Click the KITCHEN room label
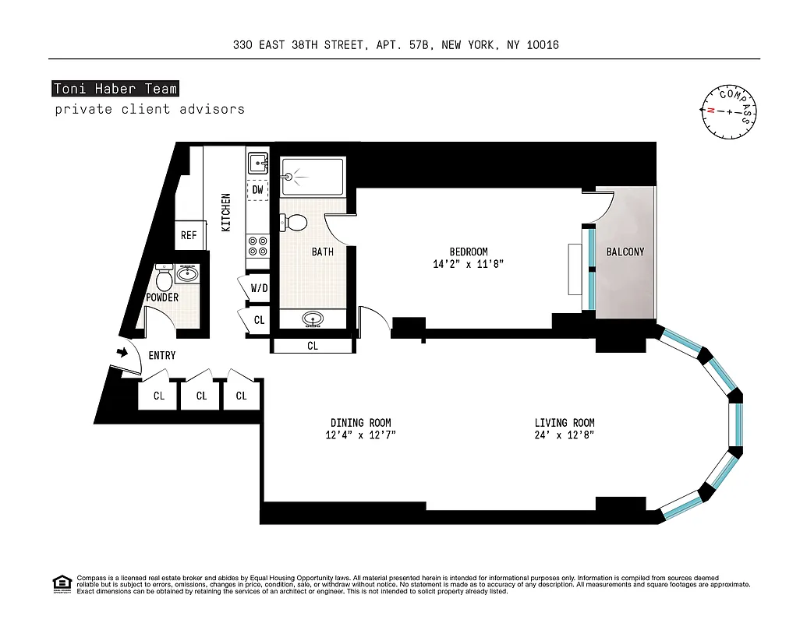point(226,212)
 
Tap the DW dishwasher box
point(257,189)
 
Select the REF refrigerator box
point(189,235)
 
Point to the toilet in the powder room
point(164,277)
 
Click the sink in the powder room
point(187,273)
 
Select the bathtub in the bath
point(312,177)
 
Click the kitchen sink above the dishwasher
point(257,164)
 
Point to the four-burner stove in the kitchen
point(257,247)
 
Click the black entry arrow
point(122,353)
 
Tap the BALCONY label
point(625,252)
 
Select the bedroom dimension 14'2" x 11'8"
point(469,264)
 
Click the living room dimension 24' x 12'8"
point(566,435)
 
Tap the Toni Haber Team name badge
point(115,89)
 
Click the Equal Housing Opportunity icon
point(61,583)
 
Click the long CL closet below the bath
point(312,346)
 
